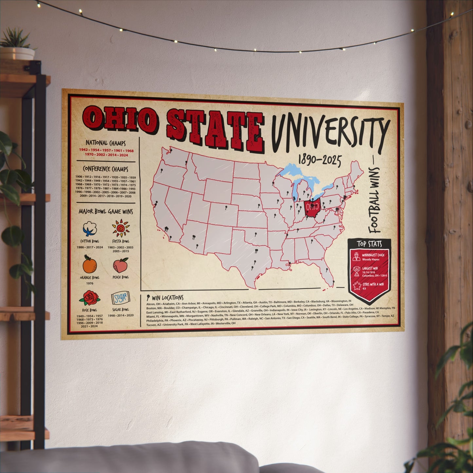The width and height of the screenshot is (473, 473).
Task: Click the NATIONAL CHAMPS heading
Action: pos(105,143)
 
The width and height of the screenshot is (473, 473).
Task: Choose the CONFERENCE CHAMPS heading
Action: pos(105,169)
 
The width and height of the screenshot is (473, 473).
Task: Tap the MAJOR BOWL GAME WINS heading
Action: pos(105,212)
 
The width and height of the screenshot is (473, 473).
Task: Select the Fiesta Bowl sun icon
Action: pos(121,228)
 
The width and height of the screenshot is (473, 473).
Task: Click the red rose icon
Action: pos(89,298)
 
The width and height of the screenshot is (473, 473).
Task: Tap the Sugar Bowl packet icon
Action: pos(120,298)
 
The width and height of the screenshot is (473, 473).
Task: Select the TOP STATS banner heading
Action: pos(369,244)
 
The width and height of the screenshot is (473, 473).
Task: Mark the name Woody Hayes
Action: pos(371,259)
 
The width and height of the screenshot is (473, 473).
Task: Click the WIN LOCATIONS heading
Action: pos(167,298)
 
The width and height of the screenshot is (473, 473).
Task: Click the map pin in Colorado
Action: pos(226,208)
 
